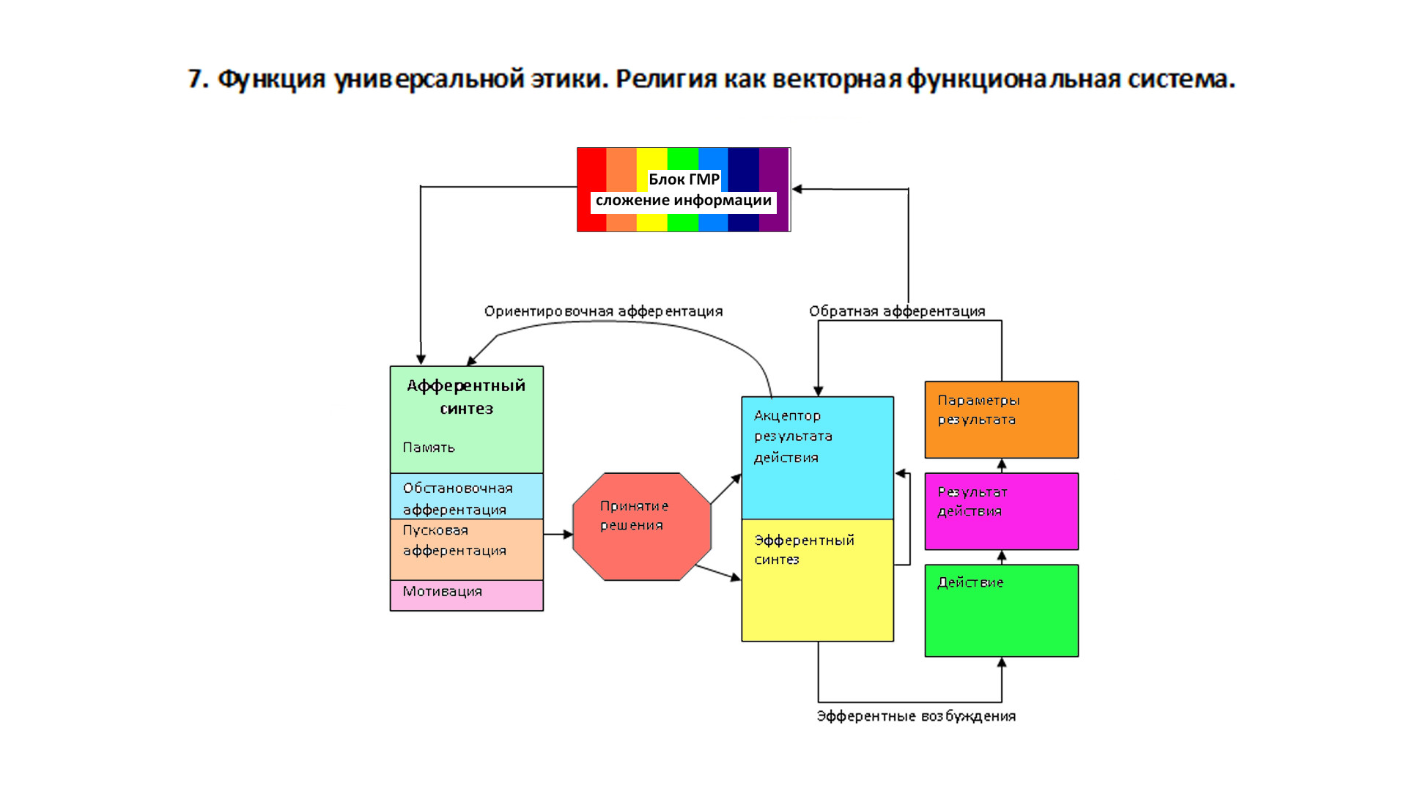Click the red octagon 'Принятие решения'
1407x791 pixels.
642,527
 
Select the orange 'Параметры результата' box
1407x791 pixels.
1001,420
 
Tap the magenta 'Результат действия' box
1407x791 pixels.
1001,511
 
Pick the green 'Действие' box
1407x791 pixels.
1001,611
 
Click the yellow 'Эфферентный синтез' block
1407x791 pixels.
817,580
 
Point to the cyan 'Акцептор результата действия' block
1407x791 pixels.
817,458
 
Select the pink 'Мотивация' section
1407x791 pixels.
466,595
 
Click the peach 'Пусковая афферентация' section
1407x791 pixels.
466,549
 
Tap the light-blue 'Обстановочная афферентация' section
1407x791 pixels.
466,496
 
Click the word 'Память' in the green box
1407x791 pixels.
429,447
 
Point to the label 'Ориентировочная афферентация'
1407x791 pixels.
603,311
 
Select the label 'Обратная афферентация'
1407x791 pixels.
897,311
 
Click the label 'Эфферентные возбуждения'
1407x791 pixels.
916,716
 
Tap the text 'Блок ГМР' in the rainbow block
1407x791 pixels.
684,179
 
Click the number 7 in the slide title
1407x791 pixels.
195,79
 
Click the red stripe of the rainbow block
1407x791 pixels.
591,190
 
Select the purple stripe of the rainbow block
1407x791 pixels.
774,190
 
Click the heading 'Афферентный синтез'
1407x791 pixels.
466,397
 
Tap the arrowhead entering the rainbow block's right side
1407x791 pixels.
797,189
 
